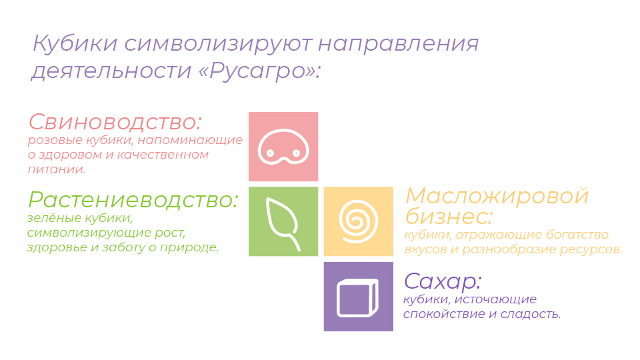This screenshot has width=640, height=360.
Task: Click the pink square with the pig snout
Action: (x=283, y=147)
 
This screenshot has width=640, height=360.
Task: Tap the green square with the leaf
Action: (x=283, y=221)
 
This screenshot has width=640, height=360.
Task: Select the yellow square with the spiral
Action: (x=359, y=221)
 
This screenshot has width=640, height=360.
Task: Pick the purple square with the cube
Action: (x=359, y=296)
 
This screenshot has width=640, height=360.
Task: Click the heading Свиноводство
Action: (x=115, y=122)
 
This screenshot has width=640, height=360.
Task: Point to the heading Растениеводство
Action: (x=133, y=200)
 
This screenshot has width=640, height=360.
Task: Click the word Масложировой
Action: (x=497, y=196)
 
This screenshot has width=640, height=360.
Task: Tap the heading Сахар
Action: (x=443, y=281)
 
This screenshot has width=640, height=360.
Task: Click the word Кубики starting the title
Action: (x=75, y=43)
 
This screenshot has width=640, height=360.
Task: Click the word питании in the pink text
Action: (x=56, y=169)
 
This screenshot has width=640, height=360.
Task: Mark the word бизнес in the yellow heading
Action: (x=448, y=216)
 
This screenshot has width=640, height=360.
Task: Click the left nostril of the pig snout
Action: (x=270, y=153)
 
